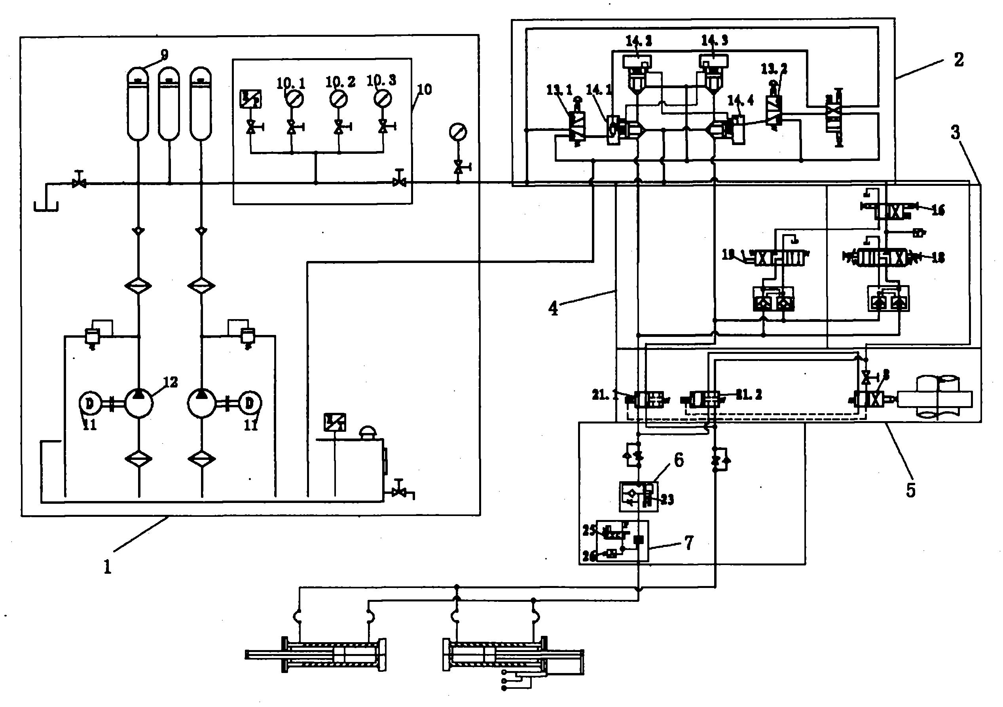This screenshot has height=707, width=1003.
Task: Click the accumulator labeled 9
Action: pos(138,105)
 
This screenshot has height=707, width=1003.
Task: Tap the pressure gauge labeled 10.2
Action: pos(339,99)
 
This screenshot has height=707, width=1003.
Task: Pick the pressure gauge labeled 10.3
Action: pos(383,99)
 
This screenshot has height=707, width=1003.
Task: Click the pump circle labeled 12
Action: pos(138,403)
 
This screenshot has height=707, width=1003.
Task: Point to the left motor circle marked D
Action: pos(89,403)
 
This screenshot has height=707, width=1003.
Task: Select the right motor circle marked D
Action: pos(249,403)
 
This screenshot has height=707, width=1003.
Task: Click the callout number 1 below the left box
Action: pos(108,567)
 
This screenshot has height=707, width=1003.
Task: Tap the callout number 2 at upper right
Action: pos(958,60)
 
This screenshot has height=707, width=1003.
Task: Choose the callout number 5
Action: pos(910,490)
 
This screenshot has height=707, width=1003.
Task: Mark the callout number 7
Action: pos(689,543)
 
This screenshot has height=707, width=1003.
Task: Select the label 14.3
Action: pos(715,41)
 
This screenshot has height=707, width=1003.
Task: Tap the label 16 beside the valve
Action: pos(938,210)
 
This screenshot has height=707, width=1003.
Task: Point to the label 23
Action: pos(667,499)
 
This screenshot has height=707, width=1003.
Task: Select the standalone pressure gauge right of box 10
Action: pos(458,132)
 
